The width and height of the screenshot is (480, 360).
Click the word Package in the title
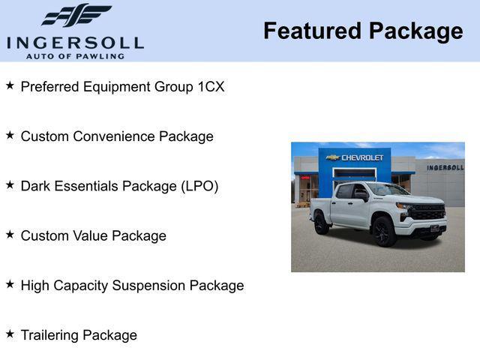415,31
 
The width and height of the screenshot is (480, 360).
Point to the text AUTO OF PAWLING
75,56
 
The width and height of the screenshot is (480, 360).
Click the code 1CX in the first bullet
211,86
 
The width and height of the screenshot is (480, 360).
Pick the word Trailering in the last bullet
49,335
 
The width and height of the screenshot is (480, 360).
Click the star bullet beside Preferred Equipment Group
10,85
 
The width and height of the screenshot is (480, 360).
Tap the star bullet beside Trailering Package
10,334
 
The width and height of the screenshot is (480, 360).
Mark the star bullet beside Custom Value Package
10,235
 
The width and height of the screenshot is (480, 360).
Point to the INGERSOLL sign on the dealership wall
445,167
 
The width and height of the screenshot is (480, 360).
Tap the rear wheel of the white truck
322,223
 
